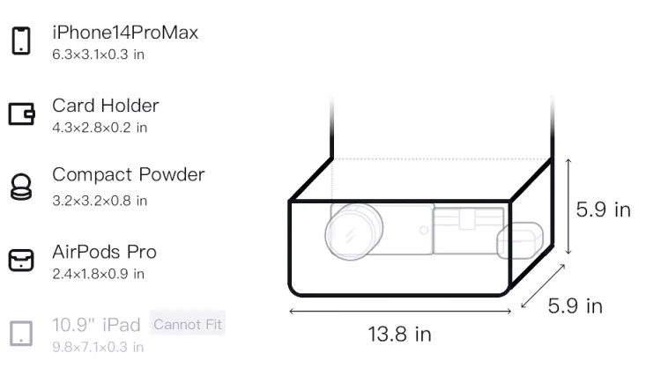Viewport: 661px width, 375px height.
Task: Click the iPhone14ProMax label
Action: [125, 33]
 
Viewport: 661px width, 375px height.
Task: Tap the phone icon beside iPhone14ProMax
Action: [21, 40]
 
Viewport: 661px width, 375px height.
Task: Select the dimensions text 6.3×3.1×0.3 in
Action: [98, 55]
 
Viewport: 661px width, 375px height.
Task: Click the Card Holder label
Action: [106, 106]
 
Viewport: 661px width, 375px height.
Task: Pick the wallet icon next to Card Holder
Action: [21, 114]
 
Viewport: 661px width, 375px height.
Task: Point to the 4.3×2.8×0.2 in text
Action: [100, 128]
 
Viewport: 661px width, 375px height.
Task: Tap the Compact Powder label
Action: [129, 174]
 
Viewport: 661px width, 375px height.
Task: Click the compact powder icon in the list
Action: [21, 187]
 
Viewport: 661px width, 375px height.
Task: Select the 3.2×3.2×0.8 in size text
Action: [100, 201]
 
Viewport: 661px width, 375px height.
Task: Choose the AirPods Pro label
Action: [105, 252]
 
